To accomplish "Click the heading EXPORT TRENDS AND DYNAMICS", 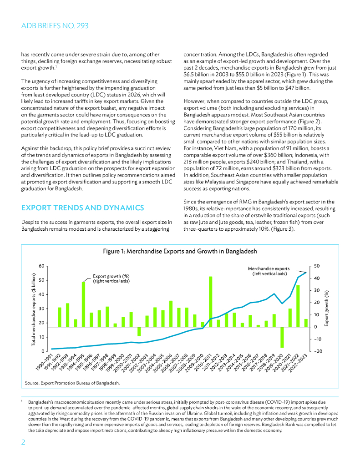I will pyautogui.click(x=83, y=208).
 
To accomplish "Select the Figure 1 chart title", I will pyautogui.click(x=180, y=251).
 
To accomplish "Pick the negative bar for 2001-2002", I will pyautogui.click(x=139, y=331).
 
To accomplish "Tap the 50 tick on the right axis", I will pyautogui.click(x=316, y=266).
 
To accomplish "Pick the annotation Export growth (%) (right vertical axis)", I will pyautogui.click(x=112, y=278).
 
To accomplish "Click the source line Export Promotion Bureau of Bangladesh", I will pyautogui.click(x=73, y=383).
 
